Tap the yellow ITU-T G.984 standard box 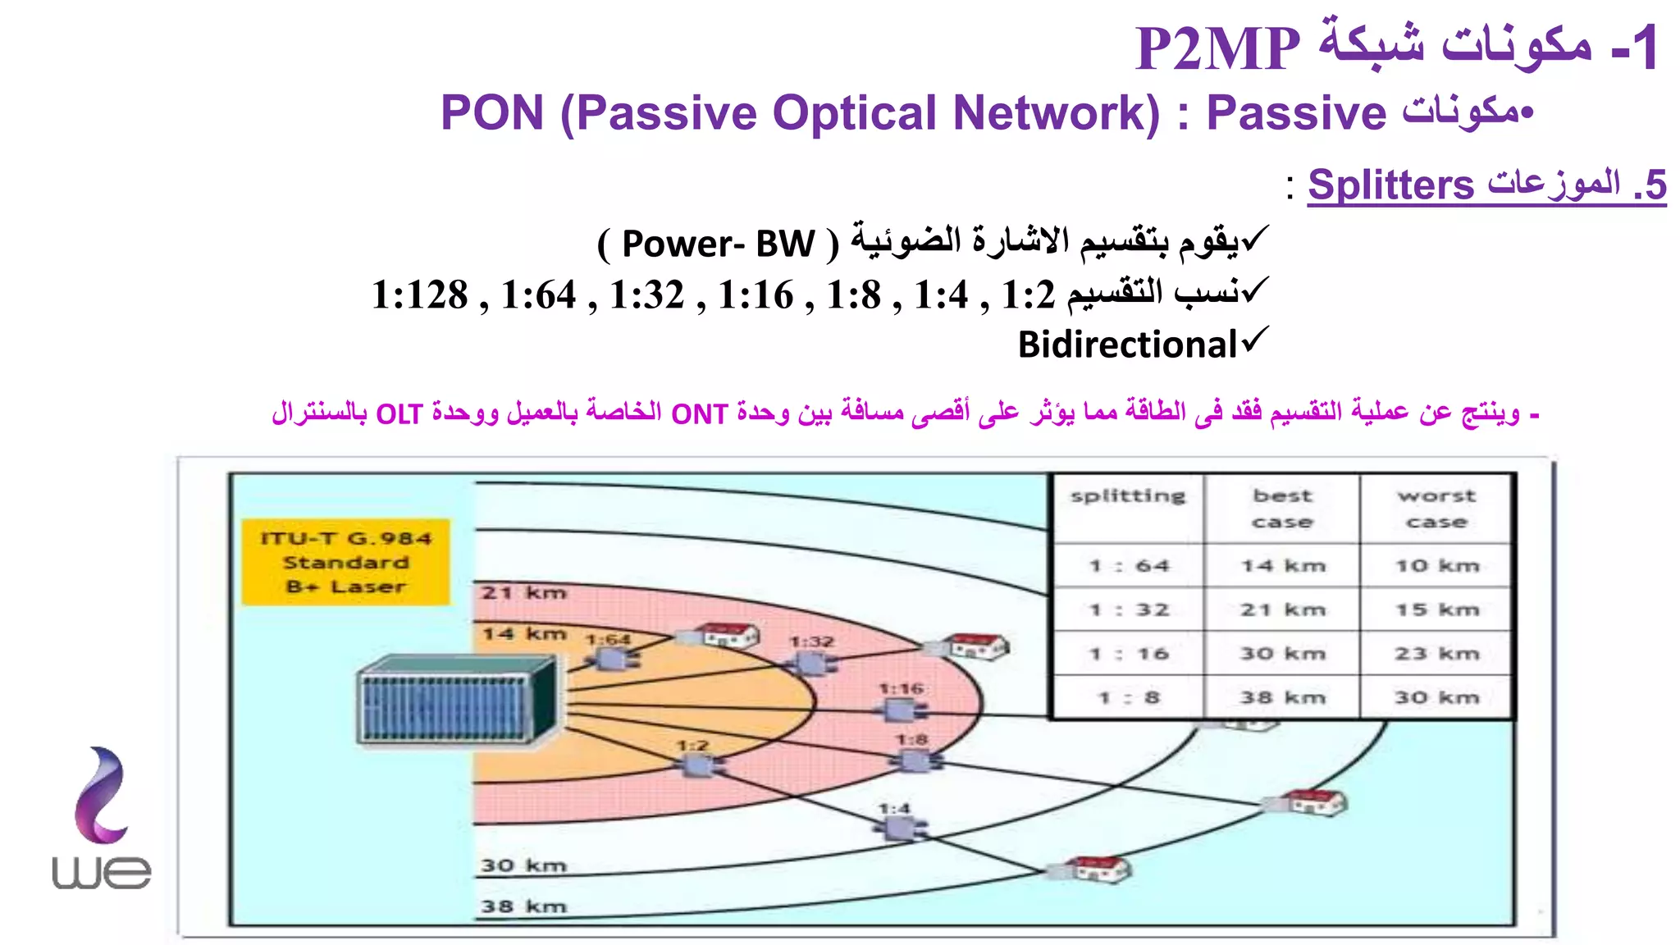(x=345, y=562)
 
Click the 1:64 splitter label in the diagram (x=608, y=639)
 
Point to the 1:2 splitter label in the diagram (x=692, y=746)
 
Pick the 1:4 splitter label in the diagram (x=893, y=809)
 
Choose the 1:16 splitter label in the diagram (x=901, y=688)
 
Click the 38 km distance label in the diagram (x=523, y=906)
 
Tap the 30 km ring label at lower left (x=523, y=865)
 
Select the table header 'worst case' (x=1436, y=509)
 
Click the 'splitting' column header (x=1128, y=496)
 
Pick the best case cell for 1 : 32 (x=1282, y=609)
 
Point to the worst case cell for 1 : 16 (x=1436, y=654)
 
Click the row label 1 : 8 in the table (x=1129, y=698)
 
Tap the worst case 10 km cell (x=1436, y=566)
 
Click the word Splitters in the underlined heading (x=1390, y=185)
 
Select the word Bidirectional (x=1127, y=345)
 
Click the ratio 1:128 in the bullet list (x=419, y=295)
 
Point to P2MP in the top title (x=1217, y=49)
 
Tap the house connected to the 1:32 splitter (x=977, y=646)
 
